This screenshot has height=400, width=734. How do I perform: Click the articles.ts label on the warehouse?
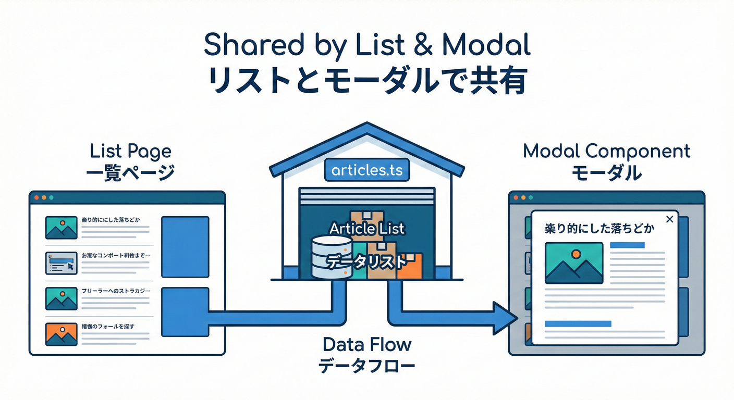tap(367, 170)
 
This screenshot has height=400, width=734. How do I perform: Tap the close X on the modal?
tap(669, 219)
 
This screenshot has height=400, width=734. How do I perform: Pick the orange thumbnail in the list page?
tap(62, 334)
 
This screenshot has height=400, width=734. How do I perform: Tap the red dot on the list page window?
tap(36, 198)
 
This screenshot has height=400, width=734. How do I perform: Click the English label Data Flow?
tap(367, 344)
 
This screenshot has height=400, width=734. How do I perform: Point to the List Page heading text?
tap(130, 152)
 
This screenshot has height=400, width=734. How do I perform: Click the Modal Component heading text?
tap(606, 152)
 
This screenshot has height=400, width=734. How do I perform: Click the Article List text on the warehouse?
tap(367, 228)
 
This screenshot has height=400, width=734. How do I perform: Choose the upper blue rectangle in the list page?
tap(185, 240)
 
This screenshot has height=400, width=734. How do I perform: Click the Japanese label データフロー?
tap(367, 366)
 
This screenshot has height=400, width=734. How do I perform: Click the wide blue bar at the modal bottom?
tap(578, 324)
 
